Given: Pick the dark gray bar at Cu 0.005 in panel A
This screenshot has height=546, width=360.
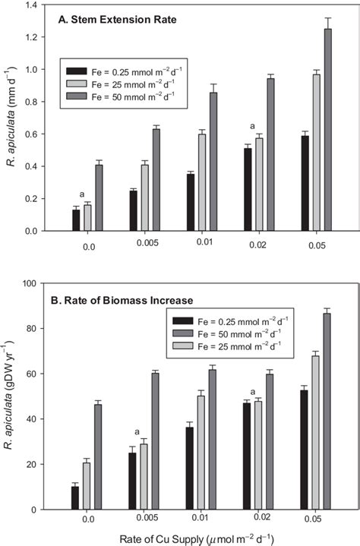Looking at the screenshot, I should [156, 180].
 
